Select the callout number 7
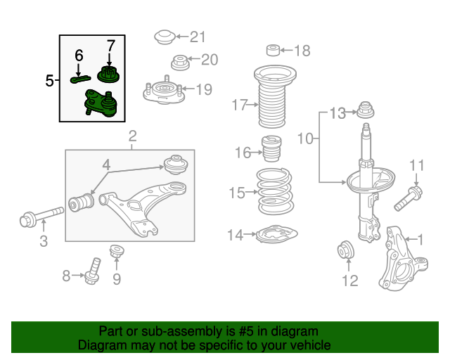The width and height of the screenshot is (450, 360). [110, 46]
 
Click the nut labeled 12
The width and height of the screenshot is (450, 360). [347, 249]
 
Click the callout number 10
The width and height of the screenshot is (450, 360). [304, 140]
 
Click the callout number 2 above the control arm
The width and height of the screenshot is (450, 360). [132, 136]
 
